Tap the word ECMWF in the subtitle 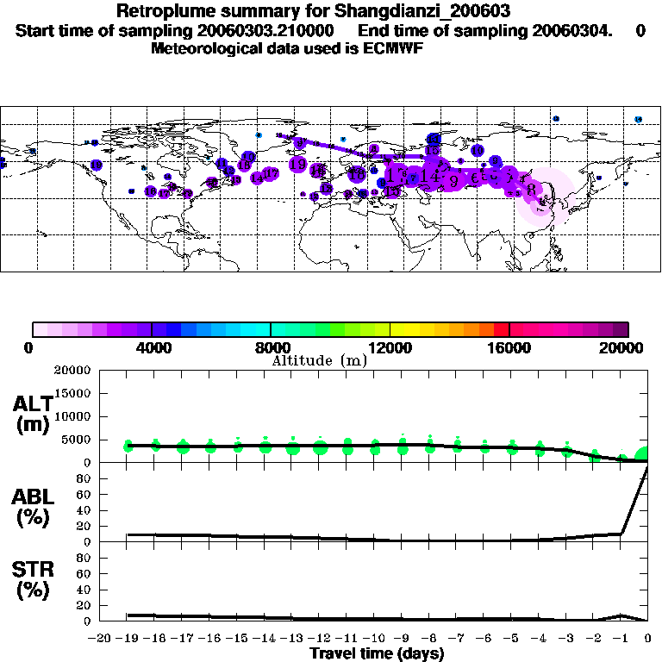[392, 48]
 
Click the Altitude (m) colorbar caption [319, 361]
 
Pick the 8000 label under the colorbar [271, 347]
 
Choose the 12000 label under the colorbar [390, 347]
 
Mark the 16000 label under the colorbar [509, 347]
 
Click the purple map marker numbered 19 [298, 164]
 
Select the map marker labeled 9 [453, 180]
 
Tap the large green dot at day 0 [644, 455]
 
